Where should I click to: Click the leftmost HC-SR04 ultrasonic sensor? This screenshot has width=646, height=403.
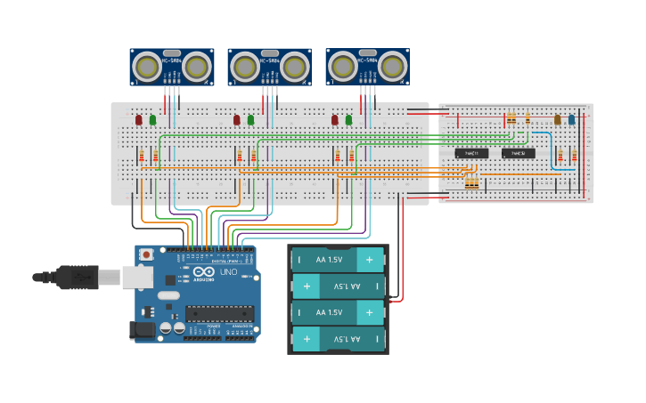[171, 67]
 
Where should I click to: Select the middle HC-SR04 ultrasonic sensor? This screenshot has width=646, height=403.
[269, 67]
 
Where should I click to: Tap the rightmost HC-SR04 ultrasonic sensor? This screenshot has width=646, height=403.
[367, 67]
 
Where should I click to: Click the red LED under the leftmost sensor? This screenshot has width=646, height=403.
[138, 119]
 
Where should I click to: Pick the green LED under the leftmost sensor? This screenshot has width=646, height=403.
[152, 119]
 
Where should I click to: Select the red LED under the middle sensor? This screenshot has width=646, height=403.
[236, 119]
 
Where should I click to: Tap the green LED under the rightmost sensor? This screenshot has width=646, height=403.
[348, 119]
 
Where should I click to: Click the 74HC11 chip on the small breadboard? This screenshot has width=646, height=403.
[471, 153]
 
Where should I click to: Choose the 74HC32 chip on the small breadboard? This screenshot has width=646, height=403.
[518, 153]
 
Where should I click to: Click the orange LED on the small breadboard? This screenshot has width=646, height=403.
[558, 119]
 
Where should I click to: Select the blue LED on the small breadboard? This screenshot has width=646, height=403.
[571, 119]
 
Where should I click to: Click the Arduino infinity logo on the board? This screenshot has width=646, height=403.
[202, 271]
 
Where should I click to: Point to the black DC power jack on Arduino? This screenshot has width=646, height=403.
[143, 329]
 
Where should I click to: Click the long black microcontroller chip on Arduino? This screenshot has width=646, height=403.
[219, 313]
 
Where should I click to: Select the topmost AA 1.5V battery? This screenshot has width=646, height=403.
[339, 260]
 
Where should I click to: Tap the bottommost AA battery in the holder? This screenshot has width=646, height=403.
[339, 339]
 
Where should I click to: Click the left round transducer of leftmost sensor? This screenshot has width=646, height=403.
[146, 66]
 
